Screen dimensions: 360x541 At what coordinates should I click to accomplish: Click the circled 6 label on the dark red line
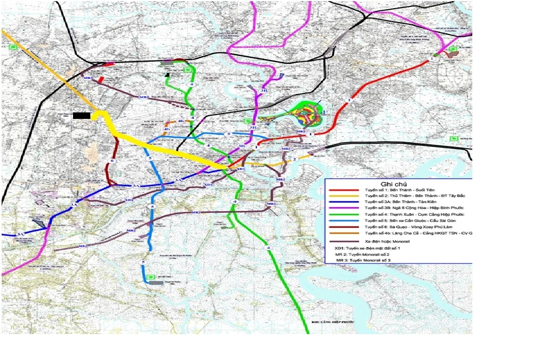(112, 161)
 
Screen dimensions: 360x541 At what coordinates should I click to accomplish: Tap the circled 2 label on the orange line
(294, 159)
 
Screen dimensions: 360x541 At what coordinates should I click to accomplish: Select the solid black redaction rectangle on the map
(82, 115)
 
